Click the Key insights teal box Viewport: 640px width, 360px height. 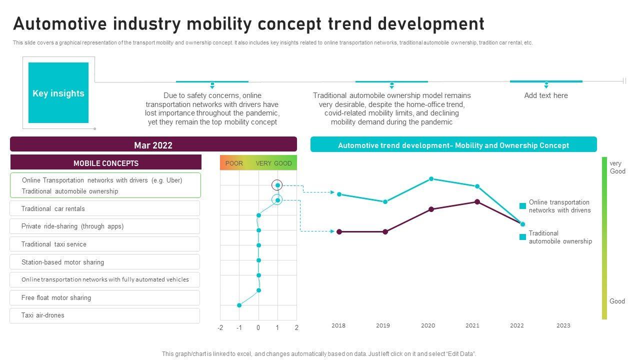(x=58, y=93)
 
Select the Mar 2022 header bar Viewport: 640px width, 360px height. (x=153, y=145)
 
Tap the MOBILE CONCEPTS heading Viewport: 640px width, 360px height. (x=106, y=163)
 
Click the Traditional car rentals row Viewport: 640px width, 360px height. (x=104, y=208)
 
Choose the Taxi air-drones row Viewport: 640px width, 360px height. (x=104, y=315)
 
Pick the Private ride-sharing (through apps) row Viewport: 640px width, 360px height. (x=104, y=226)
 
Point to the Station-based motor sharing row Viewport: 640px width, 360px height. (x=104, y=262)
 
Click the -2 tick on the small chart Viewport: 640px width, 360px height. (x=220, y=328)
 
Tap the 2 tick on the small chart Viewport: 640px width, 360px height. (x=296, y=328)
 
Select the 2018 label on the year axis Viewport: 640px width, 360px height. (x=338, y=325)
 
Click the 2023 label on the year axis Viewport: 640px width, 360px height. (x=563, y=325)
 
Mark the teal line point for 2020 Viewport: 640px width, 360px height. (x=431, y=178)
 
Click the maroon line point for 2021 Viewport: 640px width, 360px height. (x=477, y=202)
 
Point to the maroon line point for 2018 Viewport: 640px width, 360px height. (x=339, y=231)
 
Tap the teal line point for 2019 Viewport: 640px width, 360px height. (x=385, y=202)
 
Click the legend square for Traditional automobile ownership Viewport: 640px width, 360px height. (x=522, y=237)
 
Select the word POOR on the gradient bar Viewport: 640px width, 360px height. (x=234, y=163)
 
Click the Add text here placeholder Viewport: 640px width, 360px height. (x=546, y=95)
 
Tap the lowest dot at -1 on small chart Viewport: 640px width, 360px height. (x=239, y=305)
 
